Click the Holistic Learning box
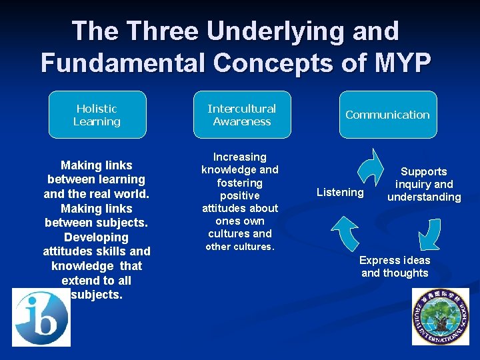click(97, 115)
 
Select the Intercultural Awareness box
click(241, 115)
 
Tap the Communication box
click(387, 115)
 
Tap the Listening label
click(340, 192)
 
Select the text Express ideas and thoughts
click(395, 266)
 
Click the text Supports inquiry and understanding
click(424, 184)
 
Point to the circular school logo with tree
click(440, 317)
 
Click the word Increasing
click(239, 157)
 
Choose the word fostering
click(239, 183)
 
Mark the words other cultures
click(239, 247)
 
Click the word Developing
click(96, 237)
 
